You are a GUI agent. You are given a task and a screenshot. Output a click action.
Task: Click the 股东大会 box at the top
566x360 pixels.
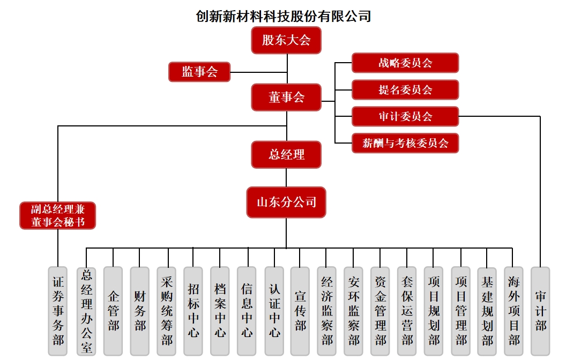[x=286, y=40]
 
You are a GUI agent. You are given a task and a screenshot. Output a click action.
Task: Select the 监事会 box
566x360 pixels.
[x=199, y=72]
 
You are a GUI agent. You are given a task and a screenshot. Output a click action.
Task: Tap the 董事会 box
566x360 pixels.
[x=286, y=97]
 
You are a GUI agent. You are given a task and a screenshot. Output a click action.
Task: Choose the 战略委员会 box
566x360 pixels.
[x=405, y=63]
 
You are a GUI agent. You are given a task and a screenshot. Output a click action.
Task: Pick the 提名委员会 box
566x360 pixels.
[x=405, y=89]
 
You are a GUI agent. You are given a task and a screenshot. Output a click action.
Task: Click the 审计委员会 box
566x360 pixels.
[x=405, y=116]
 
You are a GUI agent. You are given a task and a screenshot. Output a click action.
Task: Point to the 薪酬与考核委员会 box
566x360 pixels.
[x=405, y=143]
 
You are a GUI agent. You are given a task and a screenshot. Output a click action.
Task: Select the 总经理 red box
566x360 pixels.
[x=286, y=155]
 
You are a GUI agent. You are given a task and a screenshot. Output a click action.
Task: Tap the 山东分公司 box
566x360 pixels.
[x=286, y=202]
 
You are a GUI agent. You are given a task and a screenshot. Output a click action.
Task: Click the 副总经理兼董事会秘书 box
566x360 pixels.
[x=58, y=215]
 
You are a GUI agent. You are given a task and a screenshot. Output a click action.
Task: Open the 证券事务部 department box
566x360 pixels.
[x=58, y=311]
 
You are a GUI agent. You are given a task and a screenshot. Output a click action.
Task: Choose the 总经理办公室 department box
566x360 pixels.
[x=86, y=311]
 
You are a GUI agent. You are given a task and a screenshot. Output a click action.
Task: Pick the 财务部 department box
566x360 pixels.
[x=140, y=311]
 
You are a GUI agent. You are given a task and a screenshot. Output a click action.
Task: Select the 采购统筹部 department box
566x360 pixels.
[x=167, y=311]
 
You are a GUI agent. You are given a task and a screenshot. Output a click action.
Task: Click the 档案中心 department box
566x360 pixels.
[x=220, y=311]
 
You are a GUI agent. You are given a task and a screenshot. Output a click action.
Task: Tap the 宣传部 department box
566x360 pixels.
[x=300, y=311]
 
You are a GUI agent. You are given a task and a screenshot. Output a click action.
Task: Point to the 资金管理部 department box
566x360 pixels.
[x=381, y=311]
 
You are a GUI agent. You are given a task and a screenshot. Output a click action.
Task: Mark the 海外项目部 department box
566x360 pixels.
[x=514, y=311]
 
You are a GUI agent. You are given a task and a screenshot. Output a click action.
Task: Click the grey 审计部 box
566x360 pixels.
[x=540, y=311]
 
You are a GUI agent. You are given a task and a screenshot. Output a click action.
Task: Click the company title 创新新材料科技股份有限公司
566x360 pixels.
[x=284, y=17]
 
